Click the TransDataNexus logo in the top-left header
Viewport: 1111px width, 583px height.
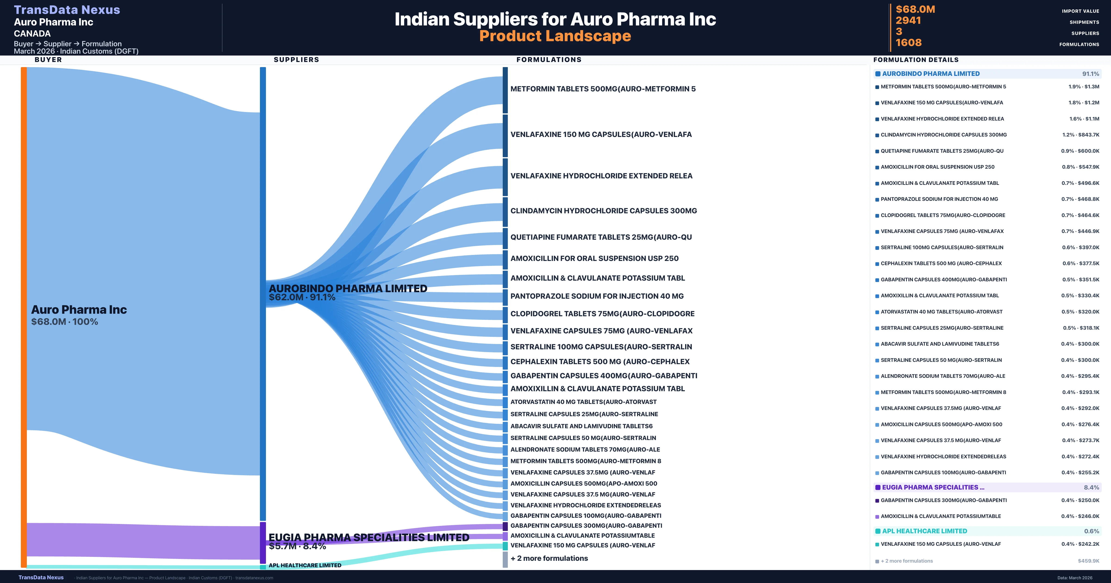click(67, 9)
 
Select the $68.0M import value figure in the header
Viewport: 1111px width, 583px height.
click(915, 9)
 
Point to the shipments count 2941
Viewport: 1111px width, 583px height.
click(908, 20)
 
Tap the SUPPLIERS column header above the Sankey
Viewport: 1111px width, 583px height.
click(296, 59)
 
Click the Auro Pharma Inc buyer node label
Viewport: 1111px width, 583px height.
click(79, 310)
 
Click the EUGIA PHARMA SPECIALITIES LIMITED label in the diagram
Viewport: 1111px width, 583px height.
click(369, 537)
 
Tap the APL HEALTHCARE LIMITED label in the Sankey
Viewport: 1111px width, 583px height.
click(305, 565)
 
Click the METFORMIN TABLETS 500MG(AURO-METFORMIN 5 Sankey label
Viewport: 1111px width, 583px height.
click(603, 89)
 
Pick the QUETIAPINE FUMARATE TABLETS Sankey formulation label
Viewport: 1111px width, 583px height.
click(601, 237)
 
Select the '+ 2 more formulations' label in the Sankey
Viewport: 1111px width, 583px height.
click(549, 558)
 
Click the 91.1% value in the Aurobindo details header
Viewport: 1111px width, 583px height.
click(1090, 74)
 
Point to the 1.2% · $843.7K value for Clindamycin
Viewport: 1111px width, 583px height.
click(1080, 135)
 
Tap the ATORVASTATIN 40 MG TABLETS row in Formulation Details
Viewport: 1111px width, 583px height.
click(942, 312)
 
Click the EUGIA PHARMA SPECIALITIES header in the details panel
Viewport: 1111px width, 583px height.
click(933, 487)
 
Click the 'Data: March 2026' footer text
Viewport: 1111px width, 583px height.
click(1075, 578)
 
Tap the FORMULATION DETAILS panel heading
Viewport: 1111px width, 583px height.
click(916, 60)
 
